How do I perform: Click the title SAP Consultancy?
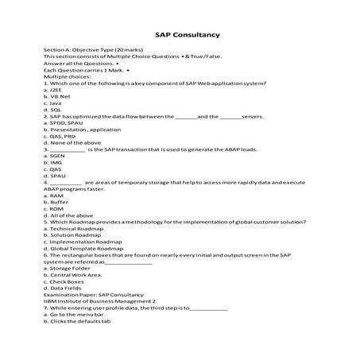pos(180,35)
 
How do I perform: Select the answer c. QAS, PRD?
pos(59,136)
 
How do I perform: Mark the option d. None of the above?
pos(70,142)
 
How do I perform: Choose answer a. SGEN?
pos(54,156)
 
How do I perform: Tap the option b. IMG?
pos(52,162)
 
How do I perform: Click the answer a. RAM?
pos(53,195)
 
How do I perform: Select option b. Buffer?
pos(55,202)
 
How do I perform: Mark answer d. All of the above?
pos(66,215)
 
